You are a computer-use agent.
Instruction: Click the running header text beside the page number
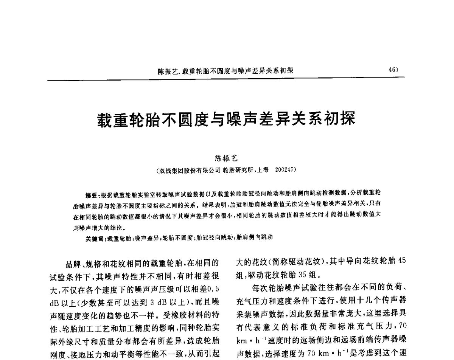(226, 71)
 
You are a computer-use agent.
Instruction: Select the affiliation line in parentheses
(226, 171)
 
